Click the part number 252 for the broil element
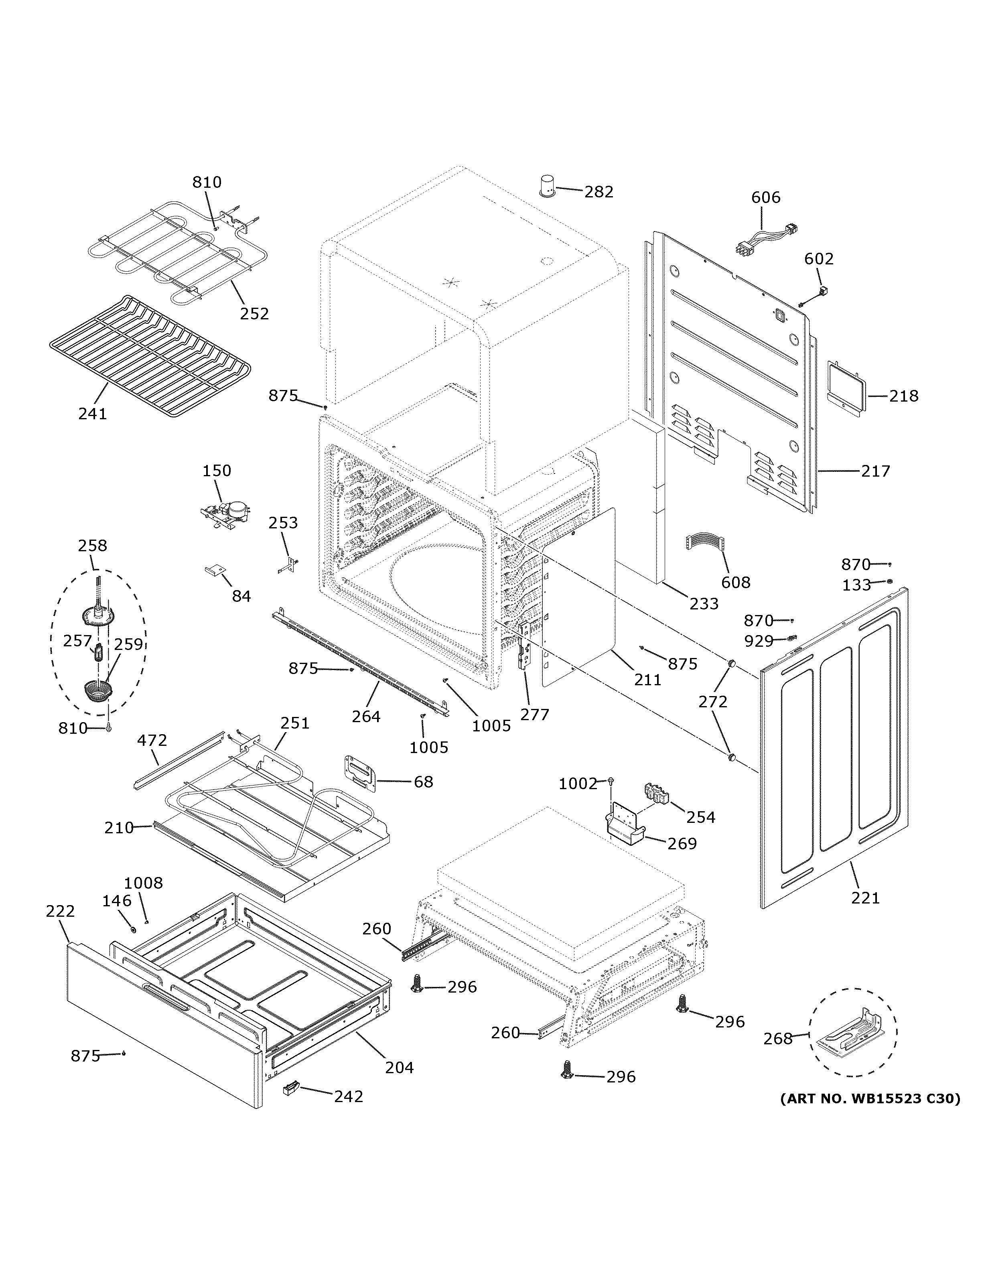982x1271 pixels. click(x=254, y=314)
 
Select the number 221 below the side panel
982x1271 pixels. click(x=866, y=898)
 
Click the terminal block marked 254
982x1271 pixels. click(x=657, y=793)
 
